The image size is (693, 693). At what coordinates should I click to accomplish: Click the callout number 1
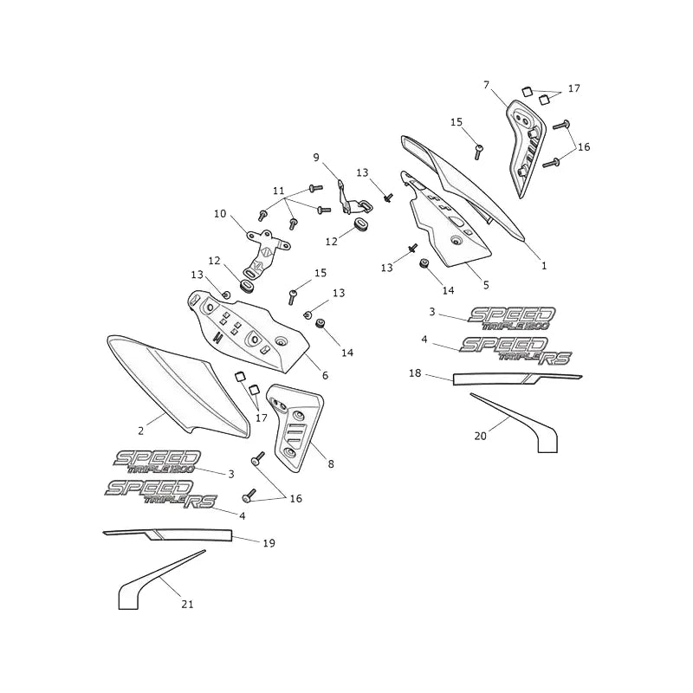pos(544,266)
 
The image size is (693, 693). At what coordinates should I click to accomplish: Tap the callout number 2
pos(141,431)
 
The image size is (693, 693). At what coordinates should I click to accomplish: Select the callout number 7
pos(487,84)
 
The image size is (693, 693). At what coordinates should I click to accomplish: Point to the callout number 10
pos(220,214)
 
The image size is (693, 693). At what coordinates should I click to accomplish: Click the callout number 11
pos(278,191)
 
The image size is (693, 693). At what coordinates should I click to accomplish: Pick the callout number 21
pos(188,604)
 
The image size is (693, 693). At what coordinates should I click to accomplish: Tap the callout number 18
pos(415,373)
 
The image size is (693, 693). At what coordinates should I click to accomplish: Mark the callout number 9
pos(316,158)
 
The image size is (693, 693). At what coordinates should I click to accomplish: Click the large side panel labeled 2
pos(177,385)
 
